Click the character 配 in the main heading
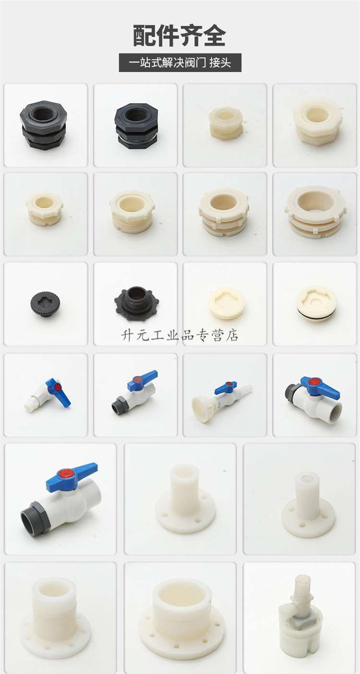(144, 36)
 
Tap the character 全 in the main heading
(214, 36)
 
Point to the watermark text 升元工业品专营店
(180, 335)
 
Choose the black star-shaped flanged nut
(134, 303)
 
